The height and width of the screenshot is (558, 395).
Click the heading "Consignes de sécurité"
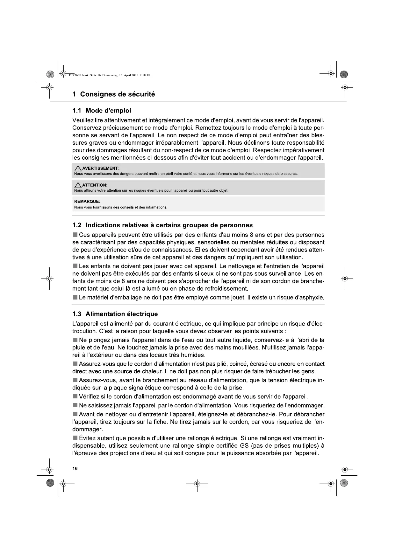click(117, 94)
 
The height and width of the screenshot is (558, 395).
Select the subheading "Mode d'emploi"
click(108, 111)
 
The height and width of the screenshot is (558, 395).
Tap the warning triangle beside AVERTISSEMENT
click(77, 168)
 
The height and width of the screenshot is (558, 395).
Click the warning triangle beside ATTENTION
click(77, 185)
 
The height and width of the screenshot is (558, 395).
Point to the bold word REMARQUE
click(87, 202)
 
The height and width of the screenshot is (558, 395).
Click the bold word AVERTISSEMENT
click(101, 169)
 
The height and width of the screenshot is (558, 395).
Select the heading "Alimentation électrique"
click(122, 314)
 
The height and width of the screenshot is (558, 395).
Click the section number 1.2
click(77, 225)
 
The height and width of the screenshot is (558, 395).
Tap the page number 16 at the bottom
click(75, 468)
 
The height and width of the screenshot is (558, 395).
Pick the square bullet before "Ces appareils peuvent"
click(75, 235)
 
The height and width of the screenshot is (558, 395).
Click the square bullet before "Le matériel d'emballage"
click(75, 298)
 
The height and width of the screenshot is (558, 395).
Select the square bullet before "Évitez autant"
click(75, 438)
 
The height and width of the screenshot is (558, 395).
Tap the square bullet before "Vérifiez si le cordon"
click(75, 396)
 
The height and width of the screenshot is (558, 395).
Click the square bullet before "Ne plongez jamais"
click(75, 340)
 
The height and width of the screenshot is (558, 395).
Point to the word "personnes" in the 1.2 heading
click(236, 225)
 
